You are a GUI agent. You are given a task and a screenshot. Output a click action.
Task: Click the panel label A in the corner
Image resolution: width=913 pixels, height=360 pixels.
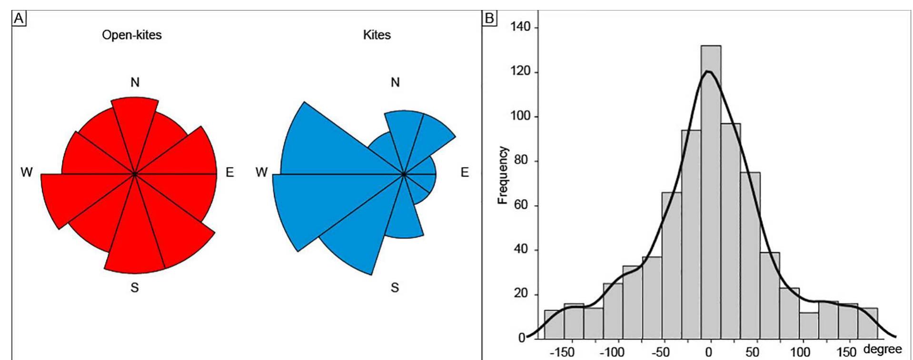(19, 19)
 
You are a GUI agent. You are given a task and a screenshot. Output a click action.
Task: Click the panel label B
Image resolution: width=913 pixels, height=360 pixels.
(489, 19)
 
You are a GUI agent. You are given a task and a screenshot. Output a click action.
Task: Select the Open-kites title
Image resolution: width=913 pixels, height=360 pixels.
(132, 35)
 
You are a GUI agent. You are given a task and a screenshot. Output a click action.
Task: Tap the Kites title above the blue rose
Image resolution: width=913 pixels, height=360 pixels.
(377, 35)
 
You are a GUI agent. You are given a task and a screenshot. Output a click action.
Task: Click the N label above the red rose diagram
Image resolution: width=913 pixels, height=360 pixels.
(135, 83)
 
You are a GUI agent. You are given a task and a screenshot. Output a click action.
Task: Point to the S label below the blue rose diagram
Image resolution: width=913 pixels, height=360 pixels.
(395, 288)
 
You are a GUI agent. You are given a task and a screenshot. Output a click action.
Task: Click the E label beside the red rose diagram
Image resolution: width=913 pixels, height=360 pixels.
(230, 172)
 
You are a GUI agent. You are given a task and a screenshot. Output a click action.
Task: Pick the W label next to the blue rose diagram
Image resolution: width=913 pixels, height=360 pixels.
(261, 172)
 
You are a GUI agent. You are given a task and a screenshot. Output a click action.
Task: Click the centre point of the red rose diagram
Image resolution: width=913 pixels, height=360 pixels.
(135, 174)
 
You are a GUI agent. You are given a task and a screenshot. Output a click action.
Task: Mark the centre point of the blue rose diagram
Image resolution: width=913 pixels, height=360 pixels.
(404, 174)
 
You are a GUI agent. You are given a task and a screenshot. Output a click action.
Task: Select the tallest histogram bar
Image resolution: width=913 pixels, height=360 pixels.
(711, 190)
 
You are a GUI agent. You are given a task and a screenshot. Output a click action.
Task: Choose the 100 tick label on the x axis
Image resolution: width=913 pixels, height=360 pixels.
(800, 353)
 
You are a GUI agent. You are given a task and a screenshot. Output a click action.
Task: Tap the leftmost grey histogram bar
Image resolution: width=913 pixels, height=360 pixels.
(554, 324)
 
